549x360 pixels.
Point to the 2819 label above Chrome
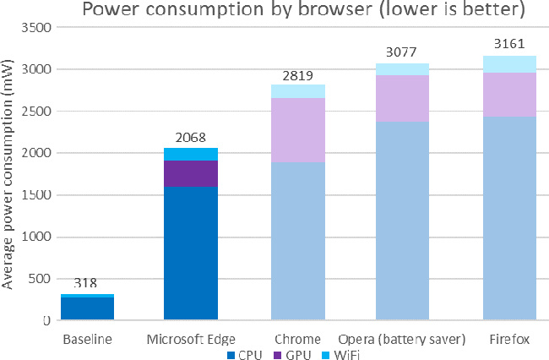click(297, 74)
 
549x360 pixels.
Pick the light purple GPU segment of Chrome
click(298, 130)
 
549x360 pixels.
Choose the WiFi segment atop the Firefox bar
click(510, 64)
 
